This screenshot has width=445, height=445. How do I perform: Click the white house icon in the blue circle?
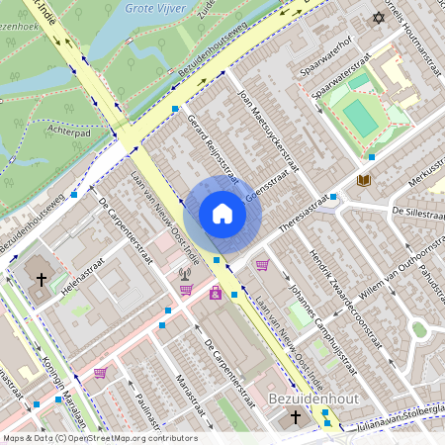222,214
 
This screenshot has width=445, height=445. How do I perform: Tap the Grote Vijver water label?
157,9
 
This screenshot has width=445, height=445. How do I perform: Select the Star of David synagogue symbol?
377,18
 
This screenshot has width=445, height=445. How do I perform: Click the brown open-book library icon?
364,181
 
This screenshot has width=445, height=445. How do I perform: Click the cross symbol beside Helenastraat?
42,280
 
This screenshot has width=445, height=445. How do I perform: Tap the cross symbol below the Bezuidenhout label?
295,418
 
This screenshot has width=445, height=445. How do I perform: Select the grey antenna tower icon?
184,273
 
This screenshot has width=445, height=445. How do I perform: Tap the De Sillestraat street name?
419,212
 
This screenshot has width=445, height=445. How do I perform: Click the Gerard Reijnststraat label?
213,148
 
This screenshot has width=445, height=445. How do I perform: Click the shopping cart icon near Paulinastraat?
100,373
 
